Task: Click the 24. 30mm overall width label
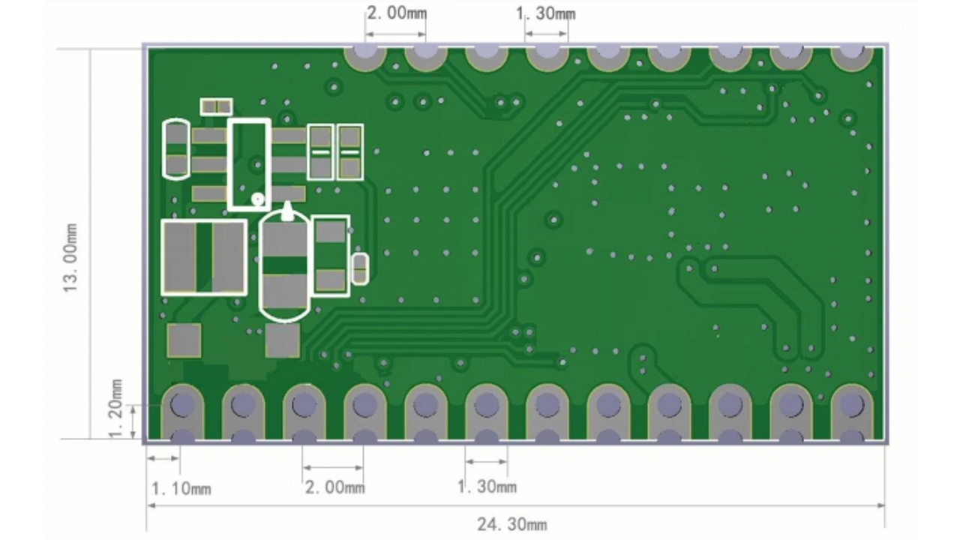click(x=511, y=523)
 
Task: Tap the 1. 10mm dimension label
click(x=181, y=489)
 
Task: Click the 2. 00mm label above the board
click(x=396, y=13)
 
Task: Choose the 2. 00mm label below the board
click(x=334, y=487)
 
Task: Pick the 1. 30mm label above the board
click(x=545, y=13)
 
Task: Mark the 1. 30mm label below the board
click(x=487, y=487)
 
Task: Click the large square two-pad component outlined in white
click(x=204, y=257)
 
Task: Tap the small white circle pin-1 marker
click(x=259, y=199)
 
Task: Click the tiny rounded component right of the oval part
click(x=360, y=268)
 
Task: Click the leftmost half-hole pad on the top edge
click(x=365, y=55)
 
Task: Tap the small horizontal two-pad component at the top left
click(x=216, y=106)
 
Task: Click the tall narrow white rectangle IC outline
click(x=249, y=163)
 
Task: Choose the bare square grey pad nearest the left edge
click(x=184, y=340)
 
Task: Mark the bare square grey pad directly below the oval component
click(x=283, y=340)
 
